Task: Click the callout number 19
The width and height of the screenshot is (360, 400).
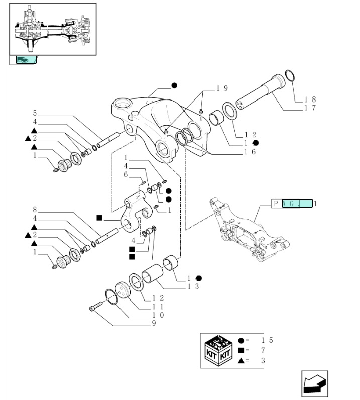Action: coord(222,88)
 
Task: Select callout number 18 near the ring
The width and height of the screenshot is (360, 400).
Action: coord(310,99)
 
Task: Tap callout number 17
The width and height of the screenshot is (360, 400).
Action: coord(310,108)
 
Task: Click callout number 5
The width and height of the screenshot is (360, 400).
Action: coord(35,113)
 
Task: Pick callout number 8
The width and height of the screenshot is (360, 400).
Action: coord(35,209)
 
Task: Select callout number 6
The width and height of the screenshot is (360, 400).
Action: coord(126,174)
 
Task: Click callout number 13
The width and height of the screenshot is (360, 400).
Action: coord(194,286)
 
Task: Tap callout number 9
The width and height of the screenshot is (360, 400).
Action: coord(153,323)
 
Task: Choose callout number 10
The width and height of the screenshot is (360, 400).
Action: coord(155,315)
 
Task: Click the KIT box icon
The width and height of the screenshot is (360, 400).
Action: coord(218,350)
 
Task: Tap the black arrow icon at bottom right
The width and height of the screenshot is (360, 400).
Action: coord(315,384)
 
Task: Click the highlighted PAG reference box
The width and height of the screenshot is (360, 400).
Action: coord(297,204)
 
